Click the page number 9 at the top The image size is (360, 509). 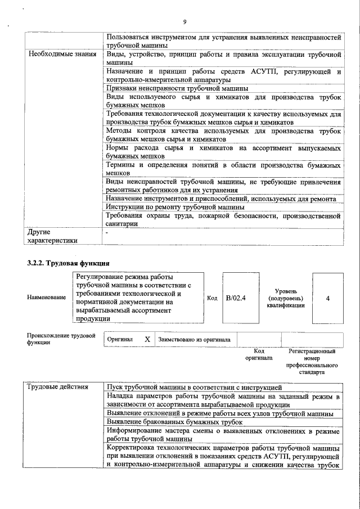(184, 22)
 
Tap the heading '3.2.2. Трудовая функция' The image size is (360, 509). (68, 263)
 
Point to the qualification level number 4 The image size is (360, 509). (327, 298)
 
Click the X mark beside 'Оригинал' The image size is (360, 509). (147, 340)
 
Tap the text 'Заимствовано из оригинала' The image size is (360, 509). (195, 340)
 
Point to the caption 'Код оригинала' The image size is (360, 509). (259, 354)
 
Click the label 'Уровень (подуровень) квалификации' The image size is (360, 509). (286, 298)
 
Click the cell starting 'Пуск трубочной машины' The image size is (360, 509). (193, 388)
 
